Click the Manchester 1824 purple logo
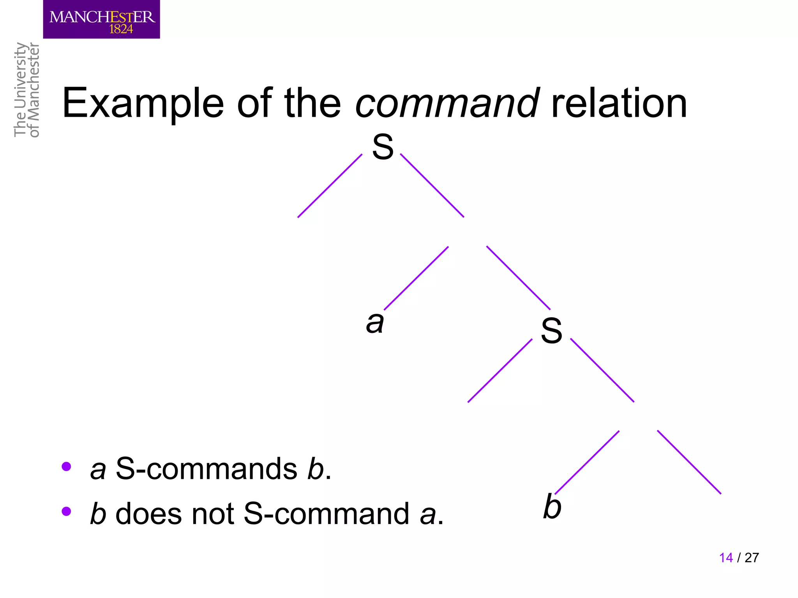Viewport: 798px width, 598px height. click(x=101, y=19)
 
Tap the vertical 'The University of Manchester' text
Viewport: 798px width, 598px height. click(x=26, y=90)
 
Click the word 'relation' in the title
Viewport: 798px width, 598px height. click(x=619, y=104)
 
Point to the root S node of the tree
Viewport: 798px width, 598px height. click(x=383, y=147)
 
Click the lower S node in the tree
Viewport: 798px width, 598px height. click(x=551, y=331)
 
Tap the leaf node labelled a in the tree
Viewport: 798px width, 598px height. click(x=375, y=322)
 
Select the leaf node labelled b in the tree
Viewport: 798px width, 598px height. click(x=552, y=507)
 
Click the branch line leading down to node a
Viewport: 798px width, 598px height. click(x=416, y=278)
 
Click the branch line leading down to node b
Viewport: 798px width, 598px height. click(x=587, y=462)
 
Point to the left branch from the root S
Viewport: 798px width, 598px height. click(x=330, y=186)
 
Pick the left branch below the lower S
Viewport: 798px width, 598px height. click(x=500, y=371)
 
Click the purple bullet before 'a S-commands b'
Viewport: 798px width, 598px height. click(x=66, y=466)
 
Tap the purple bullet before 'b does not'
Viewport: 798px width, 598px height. click(x=66, y=511)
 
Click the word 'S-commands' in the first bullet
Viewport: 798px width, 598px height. click(x=207, y=469)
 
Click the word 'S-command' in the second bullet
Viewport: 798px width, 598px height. click(x=326, y=514)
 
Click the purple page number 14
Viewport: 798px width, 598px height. click(x=726, y=558)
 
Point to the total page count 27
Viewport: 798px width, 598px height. click(x=752, y=558)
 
